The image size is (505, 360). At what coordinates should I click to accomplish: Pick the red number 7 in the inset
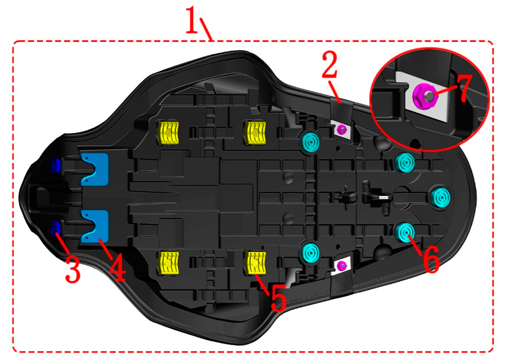(465, 90)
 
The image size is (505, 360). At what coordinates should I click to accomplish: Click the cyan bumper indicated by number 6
(405, 232)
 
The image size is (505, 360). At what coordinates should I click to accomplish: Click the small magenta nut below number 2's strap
(341, 129)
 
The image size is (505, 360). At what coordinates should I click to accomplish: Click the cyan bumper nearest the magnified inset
(405, 161)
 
